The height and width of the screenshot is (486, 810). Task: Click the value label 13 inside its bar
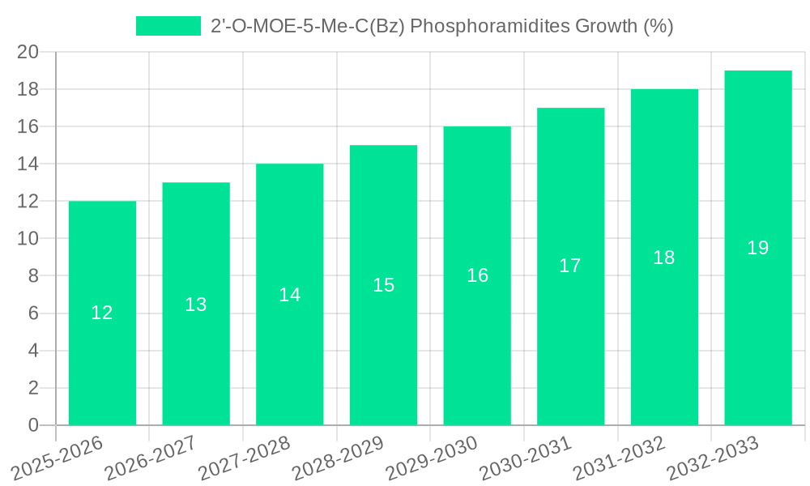click(196, 305)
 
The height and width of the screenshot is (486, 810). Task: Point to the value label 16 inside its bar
click(477, 275)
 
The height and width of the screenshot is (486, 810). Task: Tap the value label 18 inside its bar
click(664, 258)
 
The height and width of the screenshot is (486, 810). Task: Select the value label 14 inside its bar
click(290, 295)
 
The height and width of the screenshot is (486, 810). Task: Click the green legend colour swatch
click(168, 26)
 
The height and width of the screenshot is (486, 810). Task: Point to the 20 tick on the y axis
click(28, 52)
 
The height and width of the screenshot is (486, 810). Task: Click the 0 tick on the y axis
click(33, 425)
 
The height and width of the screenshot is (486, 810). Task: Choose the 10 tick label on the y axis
click(28, 239)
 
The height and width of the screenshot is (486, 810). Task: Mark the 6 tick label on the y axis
click(33, 313)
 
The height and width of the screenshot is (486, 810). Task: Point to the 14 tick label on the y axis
click(28, 164)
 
